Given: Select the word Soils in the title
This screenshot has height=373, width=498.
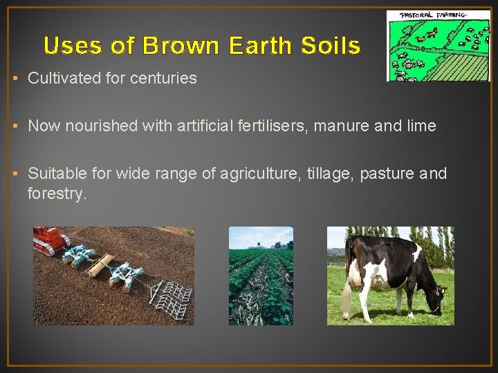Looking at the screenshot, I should [x=331, y=46].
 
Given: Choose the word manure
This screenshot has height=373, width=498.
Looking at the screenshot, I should [x=360, y=126].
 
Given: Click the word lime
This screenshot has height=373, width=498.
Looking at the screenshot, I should [x=423, y=126].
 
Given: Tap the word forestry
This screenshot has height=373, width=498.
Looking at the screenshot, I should [x=57, y=193].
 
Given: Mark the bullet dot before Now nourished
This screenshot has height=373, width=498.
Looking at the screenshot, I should [x=15, y=126].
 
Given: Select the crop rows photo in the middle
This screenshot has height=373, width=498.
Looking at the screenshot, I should [x=261, y=276].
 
